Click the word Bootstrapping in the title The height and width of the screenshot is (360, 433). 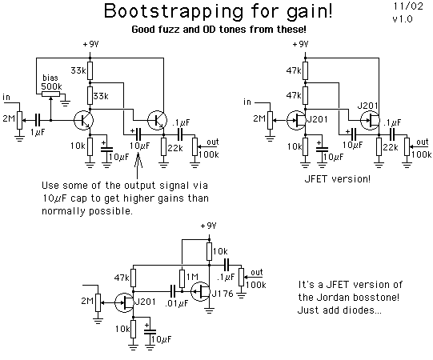174,11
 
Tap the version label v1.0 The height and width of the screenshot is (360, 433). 403,19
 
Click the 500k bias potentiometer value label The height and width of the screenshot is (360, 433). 51,86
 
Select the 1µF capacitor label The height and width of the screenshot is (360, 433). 38,133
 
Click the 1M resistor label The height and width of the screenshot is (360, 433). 192,277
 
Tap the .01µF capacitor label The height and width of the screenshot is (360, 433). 176,304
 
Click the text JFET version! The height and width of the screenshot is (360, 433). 337,179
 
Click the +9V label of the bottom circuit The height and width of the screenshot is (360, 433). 208,226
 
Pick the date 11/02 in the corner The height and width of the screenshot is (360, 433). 408,6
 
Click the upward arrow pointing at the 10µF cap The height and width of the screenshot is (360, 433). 138,166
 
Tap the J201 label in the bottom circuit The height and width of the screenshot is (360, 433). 145,302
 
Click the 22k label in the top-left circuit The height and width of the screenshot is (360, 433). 175,148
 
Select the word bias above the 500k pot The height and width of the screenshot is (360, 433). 50,78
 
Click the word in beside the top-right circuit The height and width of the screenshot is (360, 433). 247,102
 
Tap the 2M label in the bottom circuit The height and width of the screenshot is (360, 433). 87,300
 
